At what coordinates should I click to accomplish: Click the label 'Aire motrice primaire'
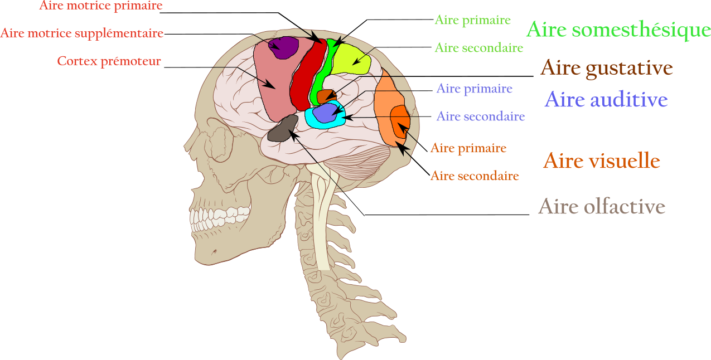tap(101, 6)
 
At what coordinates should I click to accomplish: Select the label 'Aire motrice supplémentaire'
tap(82, 33)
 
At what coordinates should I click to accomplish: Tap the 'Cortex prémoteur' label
tap(109, 61)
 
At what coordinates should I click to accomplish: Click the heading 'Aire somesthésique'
tap(618, 30)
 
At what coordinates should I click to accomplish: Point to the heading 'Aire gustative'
tap(607, 69)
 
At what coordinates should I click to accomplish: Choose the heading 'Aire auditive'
tap(606, 100)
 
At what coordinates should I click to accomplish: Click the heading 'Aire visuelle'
tap(602, 161)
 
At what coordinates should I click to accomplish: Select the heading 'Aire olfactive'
tap(601, 207)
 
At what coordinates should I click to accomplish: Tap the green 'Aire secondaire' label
tap(479, 48)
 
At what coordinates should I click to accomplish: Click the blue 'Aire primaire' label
tap(474, 89)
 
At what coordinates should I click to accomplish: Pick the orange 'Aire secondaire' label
tap(475, 176)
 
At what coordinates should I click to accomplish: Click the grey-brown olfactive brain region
tap(282, 129)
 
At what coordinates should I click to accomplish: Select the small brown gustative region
tap(325, 96)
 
